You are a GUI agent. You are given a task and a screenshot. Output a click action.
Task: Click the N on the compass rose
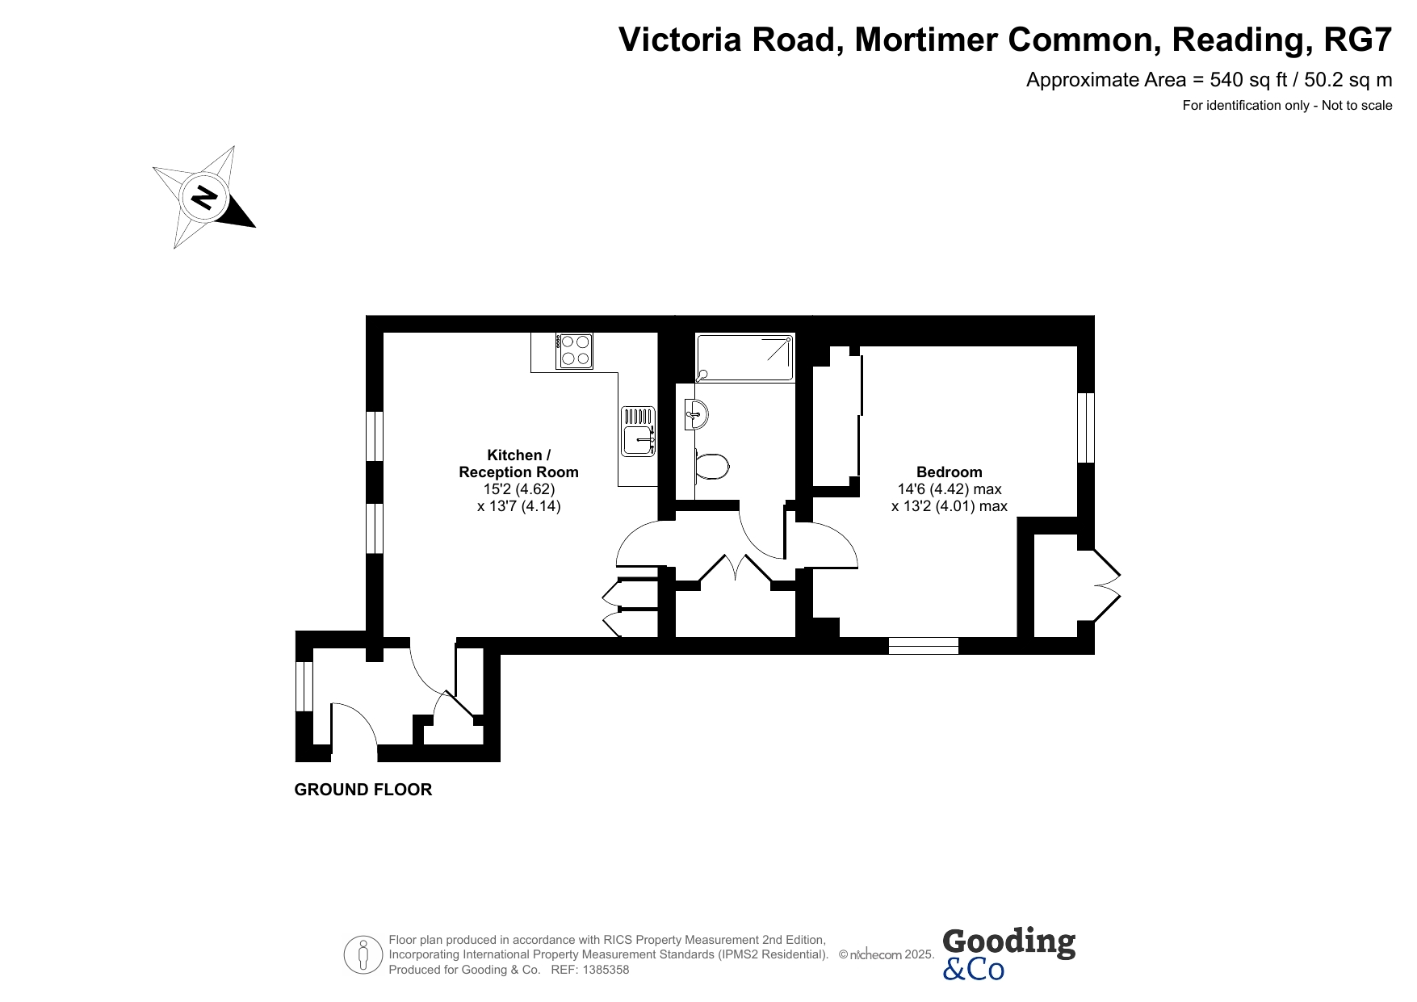(x=204, y=197)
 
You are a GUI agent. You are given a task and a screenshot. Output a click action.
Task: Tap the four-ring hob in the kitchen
(x=574, y=351)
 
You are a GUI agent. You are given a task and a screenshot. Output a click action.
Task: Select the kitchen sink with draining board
(x=639, y=430)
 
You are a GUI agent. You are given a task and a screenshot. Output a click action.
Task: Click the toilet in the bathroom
(x=711, y=465)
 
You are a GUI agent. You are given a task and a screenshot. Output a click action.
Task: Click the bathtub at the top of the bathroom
(x=744, y=357)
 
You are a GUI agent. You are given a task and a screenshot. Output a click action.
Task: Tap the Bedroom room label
(x=950, y=472)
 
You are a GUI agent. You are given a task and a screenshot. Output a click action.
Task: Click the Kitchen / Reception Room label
(x=519, y=463)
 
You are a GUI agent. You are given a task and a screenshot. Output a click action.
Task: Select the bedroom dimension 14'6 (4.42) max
(x=950, y=489)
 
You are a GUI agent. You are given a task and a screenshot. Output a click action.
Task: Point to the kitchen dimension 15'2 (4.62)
(x=519, y=489)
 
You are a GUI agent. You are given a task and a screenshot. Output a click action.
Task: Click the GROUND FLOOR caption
(x=363, y=790)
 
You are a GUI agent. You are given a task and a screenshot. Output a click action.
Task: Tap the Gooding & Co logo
(x=1008, y=954)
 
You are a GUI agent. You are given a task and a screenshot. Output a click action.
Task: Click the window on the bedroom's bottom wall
(x=924, y=646)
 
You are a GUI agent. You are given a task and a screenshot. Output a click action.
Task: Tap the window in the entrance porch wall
(x=304, y=686)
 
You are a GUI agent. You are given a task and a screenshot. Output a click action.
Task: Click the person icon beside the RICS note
(x=363, y=955)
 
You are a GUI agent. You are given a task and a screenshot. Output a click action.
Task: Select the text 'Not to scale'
(x=1357, y=105)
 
